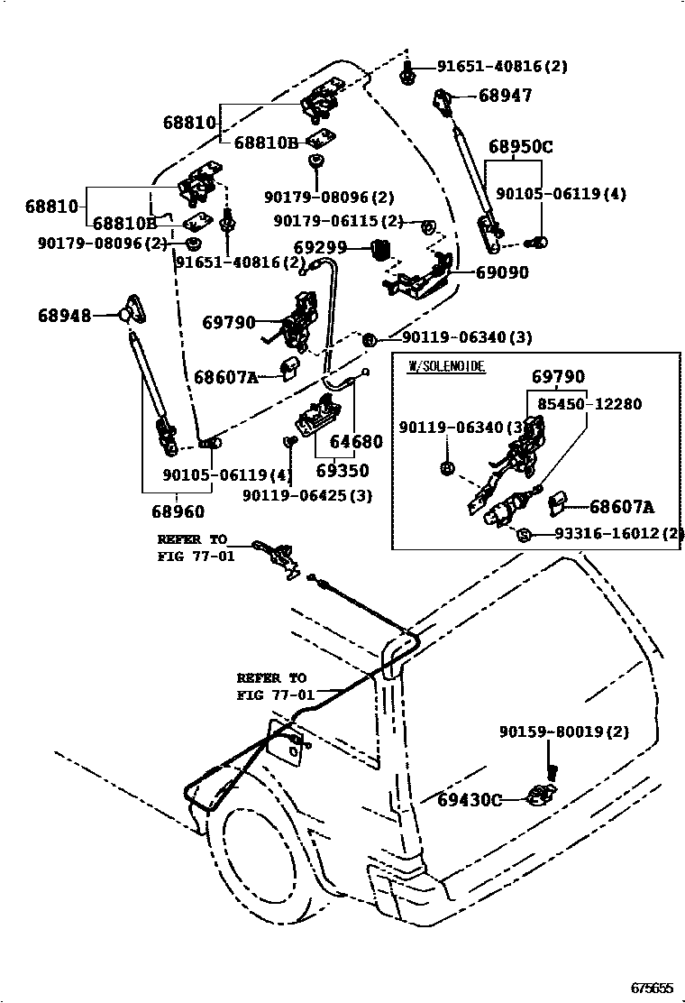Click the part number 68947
506,95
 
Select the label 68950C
521,147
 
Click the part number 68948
65,315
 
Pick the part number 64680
356,443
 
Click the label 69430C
470,799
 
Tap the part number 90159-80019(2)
564,732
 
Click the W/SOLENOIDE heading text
447,366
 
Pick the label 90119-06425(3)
307,495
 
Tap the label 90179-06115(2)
338,221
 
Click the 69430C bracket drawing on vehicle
540,795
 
